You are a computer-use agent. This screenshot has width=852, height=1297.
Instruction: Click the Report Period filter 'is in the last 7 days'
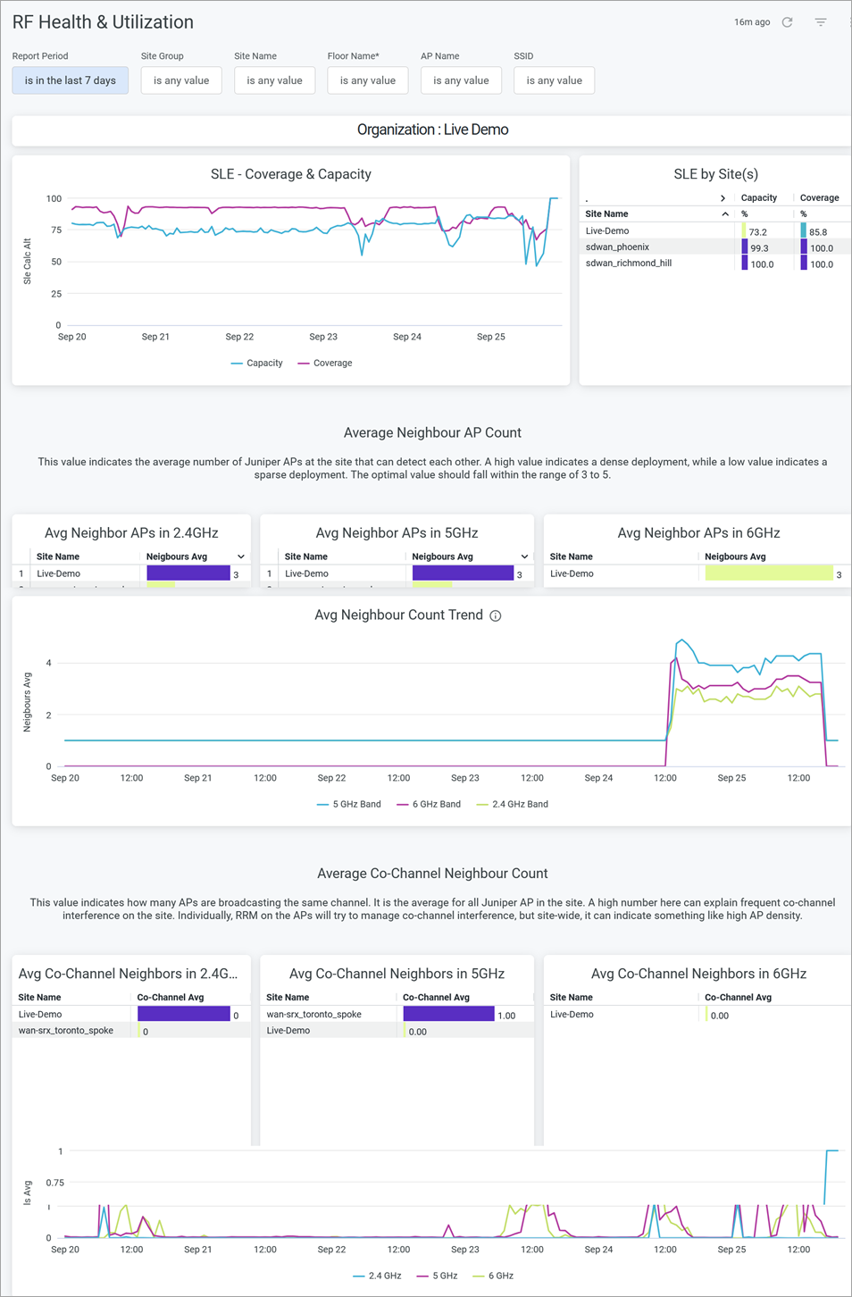tap(70, 80)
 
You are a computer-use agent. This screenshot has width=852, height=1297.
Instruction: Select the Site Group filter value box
tap(181, 80)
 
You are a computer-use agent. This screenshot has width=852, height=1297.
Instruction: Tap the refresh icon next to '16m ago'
tap(787, 22)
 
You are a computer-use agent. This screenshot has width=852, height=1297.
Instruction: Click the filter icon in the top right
tap(821, 22)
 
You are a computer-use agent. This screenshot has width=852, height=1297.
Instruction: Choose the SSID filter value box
tap(554, 80)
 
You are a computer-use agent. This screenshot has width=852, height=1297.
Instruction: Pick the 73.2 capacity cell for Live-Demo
tap(757, 231)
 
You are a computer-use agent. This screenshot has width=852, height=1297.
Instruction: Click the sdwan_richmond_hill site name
tap(629, 264)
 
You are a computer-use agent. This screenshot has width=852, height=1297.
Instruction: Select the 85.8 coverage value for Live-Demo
tap(817, 231)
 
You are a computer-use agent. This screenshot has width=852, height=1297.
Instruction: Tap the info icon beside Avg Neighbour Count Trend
tap(496, 615)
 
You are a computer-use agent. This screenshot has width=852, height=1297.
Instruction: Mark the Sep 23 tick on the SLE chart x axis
tap(323, 337)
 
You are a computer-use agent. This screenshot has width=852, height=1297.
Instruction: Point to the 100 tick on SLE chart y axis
tap(54, 198)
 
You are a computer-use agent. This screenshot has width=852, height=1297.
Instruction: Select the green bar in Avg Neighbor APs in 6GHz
tap(768, 573)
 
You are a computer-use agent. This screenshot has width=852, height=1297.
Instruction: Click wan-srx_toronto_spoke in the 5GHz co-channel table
tap(313, 1015)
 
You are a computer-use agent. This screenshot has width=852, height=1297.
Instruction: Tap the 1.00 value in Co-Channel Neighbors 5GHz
tap(506, 1016)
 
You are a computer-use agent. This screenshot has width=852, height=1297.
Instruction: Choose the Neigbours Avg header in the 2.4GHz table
tap(177, 556)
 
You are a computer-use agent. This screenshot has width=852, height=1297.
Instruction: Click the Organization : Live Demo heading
tap(432, 130)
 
